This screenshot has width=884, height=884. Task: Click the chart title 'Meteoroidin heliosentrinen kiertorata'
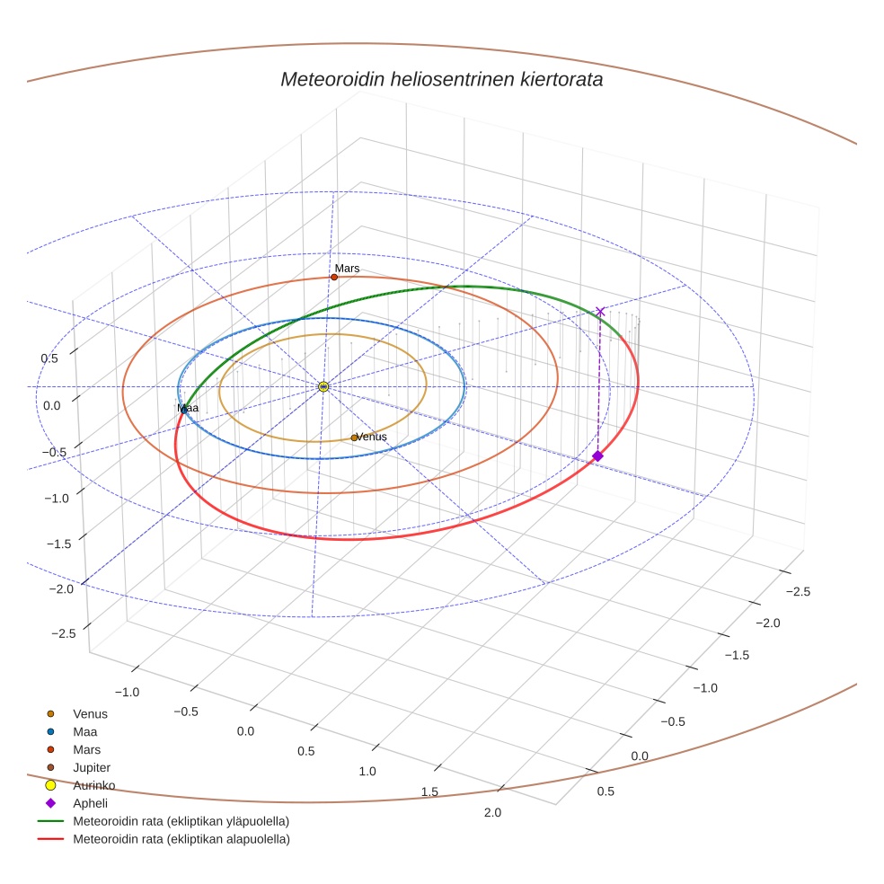tap(441, 79)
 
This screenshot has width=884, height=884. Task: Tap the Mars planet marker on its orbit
tap(334, 277)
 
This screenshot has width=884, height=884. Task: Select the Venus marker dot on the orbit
tap(354, 438)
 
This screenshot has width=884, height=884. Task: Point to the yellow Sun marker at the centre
tap(323, 386)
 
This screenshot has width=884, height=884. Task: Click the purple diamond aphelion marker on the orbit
tap(597, 456)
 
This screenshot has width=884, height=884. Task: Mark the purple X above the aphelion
tap(600, 311)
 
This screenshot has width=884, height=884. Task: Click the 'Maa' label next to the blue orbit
tap(188, 408)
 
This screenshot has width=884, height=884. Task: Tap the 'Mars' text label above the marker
tap(347, 268)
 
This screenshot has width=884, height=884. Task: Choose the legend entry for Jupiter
tap(92, 767)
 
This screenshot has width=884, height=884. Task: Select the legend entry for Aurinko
tap(93, 785)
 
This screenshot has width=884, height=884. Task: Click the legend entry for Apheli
tap(89, 803)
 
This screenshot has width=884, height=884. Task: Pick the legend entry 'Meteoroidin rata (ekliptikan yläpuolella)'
tap(181, 821)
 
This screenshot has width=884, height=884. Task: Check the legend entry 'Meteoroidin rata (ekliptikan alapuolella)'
tap(181, 839)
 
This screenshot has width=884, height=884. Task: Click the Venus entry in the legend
tap(90, 713)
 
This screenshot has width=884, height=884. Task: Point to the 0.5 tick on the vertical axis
tap(50, 358)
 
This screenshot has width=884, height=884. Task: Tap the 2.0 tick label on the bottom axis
tap(491, 813)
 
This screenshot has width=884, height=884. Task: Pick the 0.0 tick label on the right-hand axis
tap(640, 756)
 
